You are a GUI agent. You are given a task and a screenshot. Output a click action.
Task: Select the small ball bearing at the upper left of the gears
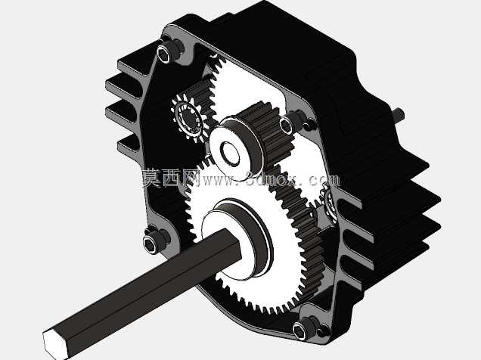187,119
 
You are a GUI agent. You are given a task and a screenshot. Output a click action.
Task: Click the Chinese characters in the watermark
171,178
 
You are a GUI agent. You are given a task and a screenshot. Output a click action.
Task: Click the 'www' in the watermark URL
219,180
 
